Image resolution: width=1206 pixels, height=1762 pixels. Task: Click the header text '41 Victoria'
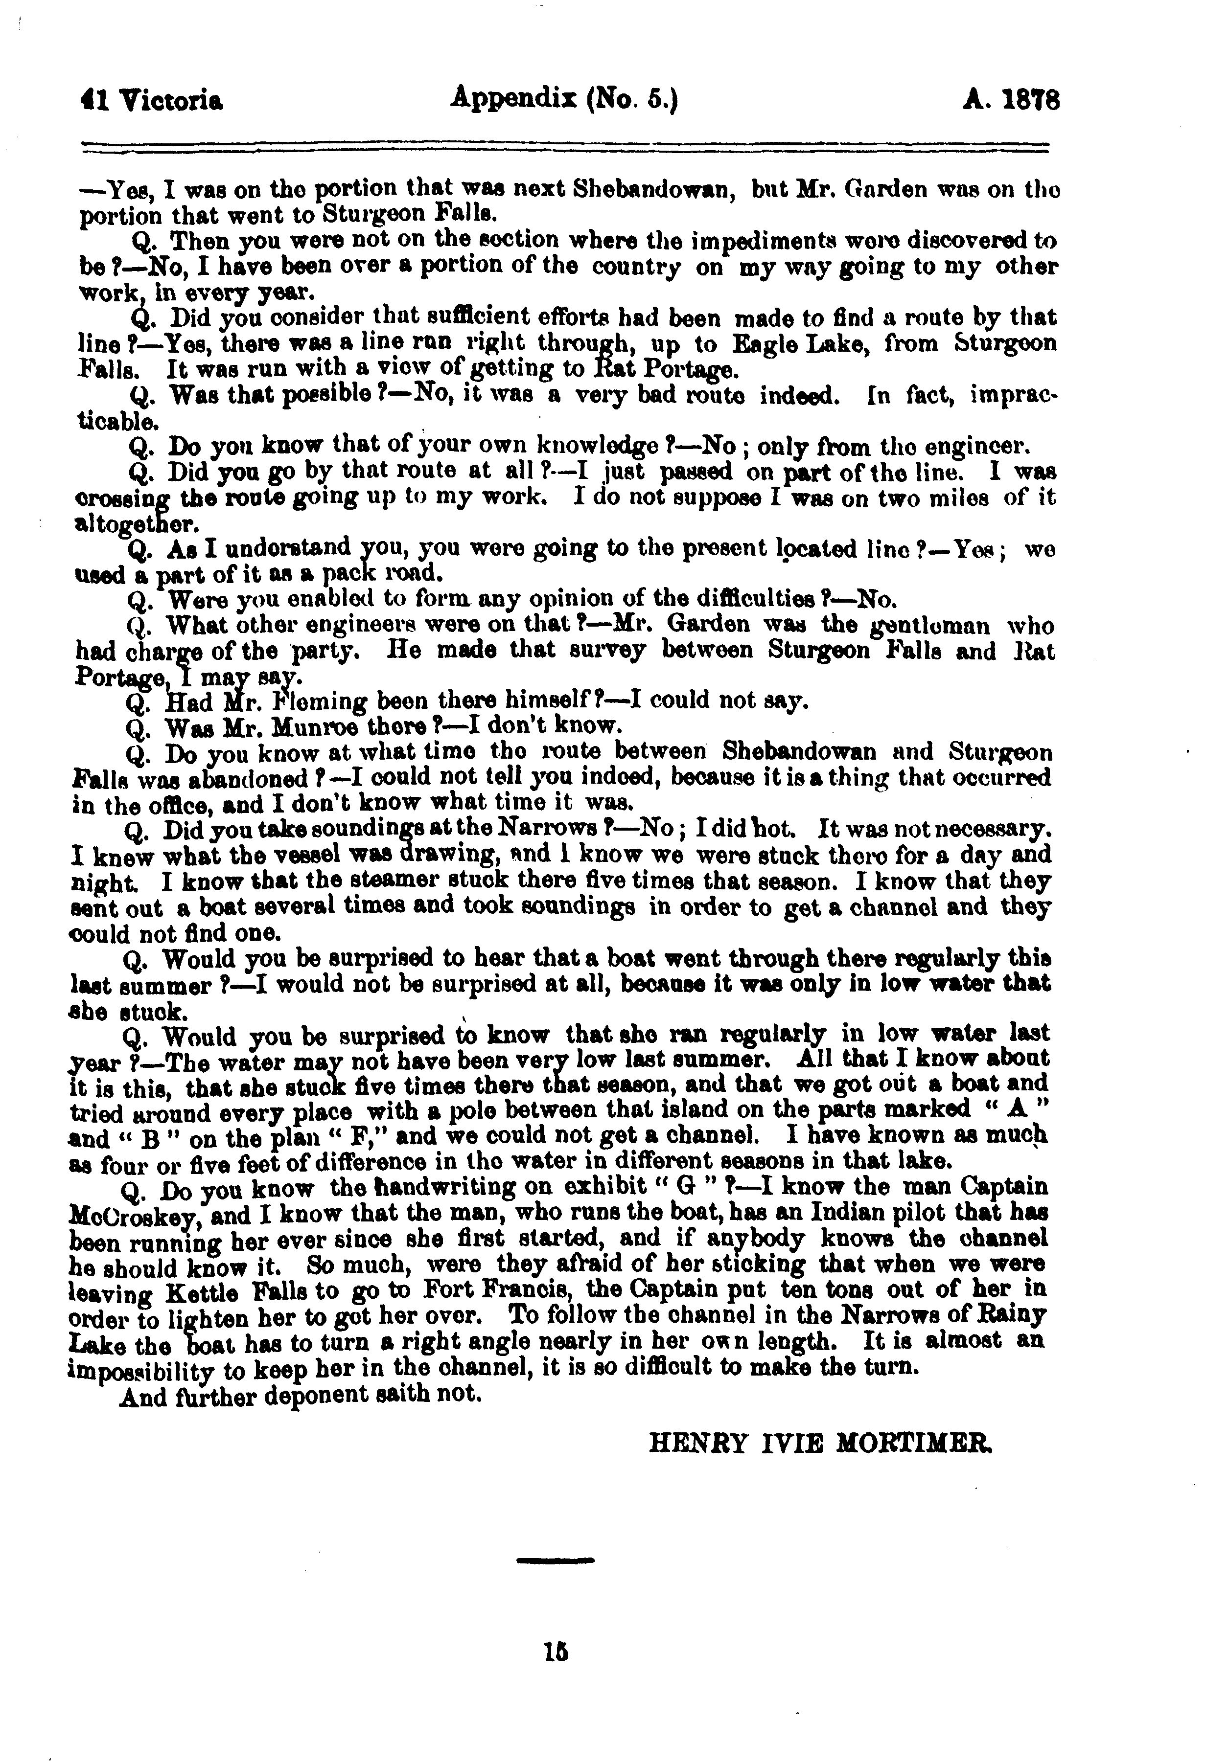[x=152, y=101]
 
